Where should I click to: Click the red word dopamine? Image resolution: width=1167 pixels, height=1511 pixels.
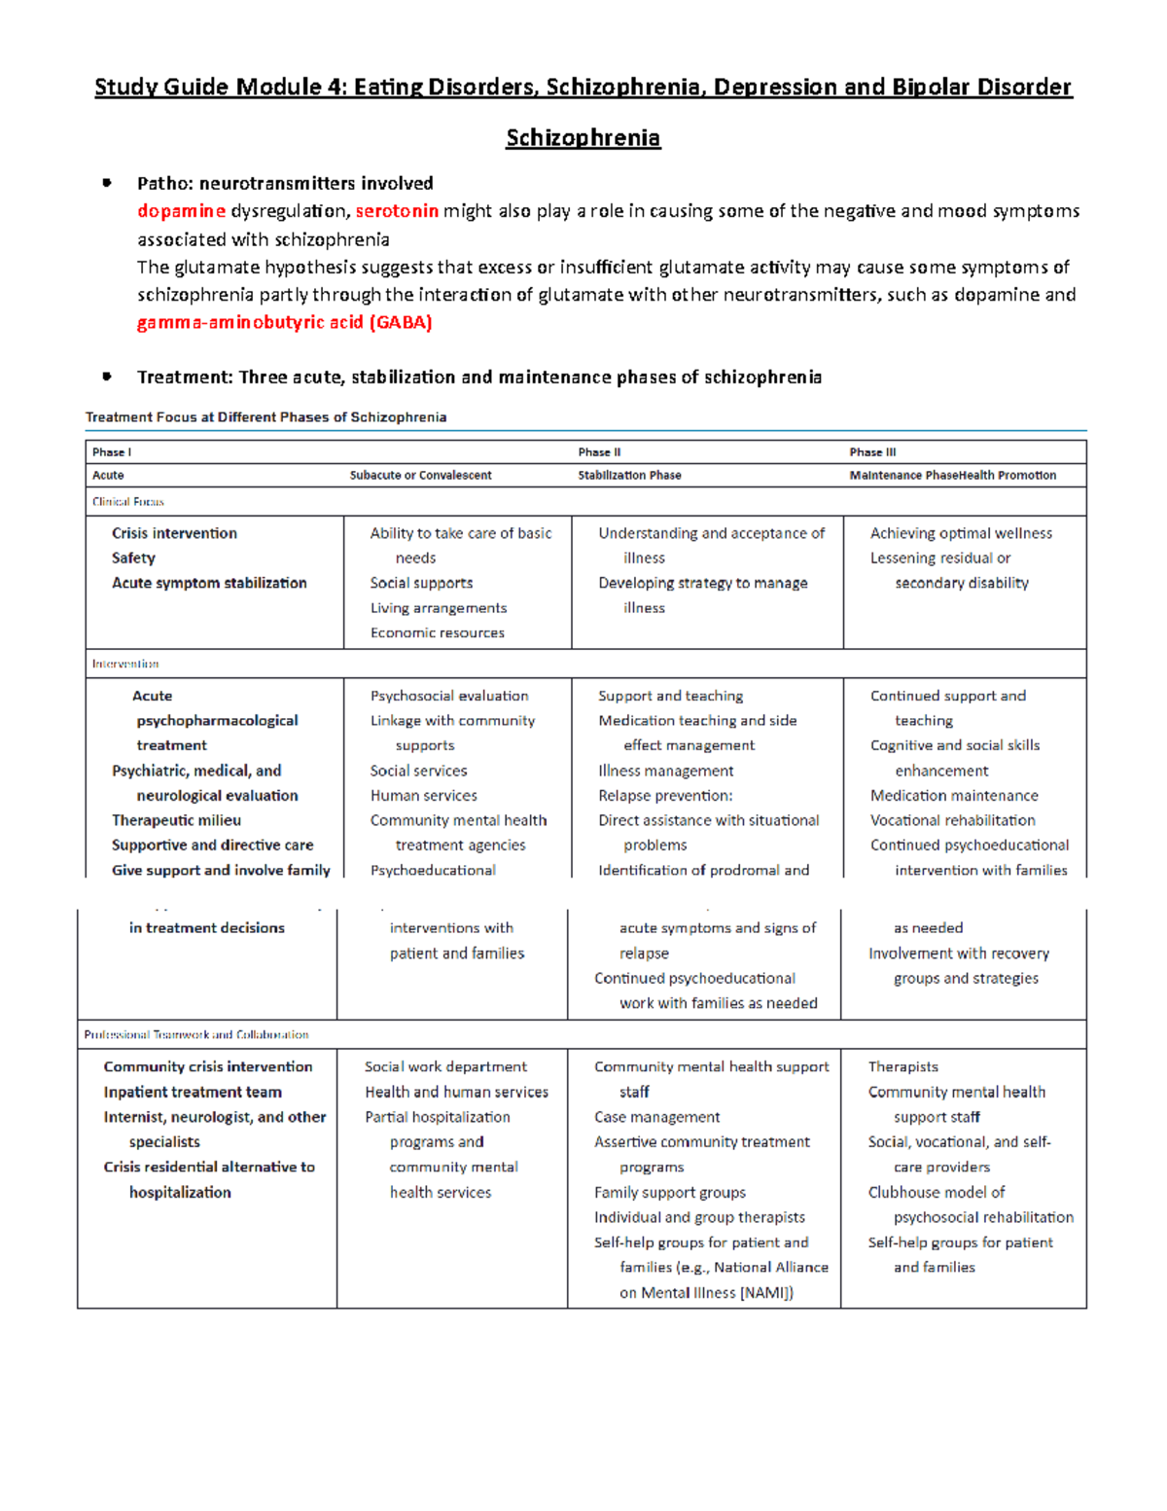[x=181, y=211]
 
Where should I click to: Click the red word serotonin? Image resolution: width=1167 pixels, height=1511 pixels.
[x=397, y=211]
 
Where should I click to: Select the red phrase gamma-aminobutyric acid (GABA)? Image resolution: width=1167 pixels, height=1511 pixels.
[x=284, y=322]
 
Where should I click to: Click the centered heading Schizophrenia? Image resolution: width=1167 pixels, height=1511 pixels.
[x=583, y=138]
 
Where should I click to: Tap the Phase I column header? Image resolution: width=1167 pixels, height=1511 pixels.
[x=112, y=452]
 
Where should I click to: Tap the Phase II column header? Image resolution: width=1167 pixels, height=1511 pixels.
[x=599, y=452]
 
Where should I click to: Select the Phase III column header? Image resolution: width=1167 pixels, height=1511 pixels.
[x=872, y=452]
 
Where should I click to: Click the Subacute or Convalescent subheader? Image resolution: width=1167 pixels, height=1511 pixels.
[x=420, y=476]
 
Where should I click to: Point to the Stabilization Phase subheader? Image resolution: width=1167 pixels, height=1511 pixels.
[x=629, y=476]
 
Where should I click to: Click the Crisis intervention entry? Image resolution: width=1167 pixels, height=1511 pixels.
[x=174, y=533]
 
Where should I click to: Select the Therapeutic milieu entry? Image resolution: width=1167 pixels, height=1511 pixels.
[x=176, y=820]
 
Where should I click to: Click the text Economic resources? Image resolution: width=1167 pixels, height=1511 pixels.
[x=437, y=632]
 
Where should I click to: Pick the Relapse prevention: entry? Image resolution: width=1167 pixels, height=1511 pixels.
[x=665, y=795]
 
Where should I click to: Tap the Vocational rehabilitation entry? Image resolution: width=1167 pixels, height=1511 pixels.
[x=952, y=820]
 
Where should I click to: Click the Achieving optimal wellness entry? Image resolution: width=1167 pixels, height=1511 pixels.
[x=961, y=533]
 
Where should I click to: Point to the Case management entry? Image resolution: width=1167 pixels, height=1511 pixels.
[x=656, y=1117]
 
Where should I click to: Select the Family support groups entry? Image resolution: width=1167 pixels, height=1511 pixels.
[x=670, y=1192]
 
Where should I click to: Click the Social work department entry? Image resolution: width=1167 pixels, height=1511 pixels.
[x=445, y=1067]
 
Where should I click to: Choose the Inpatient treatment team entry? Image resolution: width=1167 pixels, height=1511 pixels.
[x=193, y=1092]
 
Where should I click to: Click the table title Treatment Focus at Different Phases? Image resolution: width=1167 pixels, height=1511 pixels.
[x=265, y=417]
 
